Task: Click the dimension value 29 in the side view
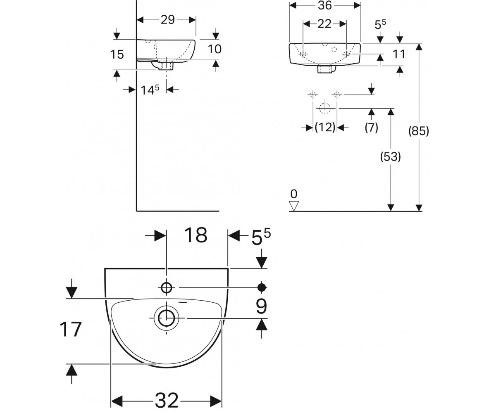[168, 20]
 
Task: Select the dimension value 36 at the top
[325, 5]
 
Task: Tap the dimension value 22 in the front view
[324, 24]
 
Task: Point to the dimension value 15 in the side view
[117, 55]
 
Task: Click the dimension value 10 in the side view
[215, 49]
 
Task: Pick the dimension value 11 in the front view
[399, 54]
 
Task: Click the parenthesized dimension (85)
[419, 131]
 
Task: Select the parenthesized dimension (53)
[391, 157]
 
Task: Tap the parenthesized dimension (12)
[325, 127]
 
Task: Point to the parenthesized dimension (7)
[371, 128]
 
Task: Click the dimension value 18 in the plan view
[196, 235]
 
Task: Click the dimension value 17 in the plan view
[71, 329]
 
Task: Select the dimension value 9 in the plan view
[261, 306]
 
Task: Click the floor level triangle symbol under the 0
[294, 206]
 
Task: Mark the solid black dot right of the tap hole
[262, 287]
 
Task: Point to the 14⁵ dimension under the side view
[150, 90]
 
